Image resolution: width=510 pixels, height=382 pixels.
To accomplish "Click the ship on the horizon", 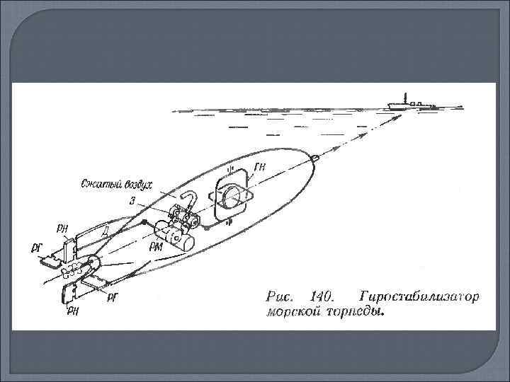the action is click(411, 103).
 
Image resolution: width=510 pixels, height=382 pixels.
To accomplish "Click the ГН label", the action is click(260, 167).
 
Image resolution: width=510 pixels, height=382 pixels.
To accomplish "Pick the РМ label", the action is click(158, 247).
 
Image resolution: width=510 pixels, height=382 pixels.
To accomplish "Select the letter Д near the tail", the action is click(104, 231).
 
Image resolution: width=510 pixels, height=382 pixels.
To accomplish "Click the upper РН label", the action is click(63, 228).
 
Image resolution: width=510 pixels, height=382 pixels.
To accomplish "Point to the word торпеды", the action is click(357, 312).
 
